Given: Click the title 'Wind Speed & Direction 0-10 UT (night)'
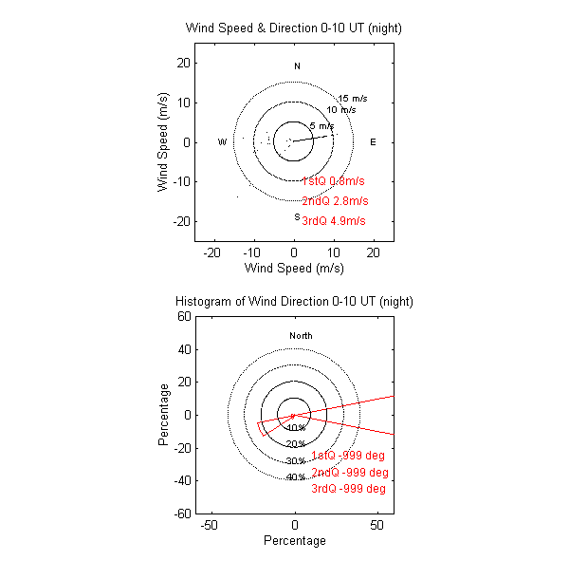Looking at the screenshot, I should [x=294, y=28].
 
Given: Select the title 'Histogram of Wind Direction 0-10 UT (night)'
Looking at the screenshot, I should [x=294, y=301].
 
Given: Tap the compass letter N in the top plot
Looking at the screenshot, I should [x=297, y=66].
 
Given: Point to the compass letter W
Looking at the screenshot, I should [x=222, y=142].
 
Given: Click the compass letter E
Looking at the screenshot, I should [x=373, y=142].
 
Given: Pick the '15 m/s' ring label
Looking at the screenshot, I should [x=352, y=99].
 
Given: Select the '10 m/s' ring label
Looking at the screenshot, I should [x=341, y=110].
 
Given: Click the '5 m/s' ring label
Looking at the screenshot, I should [x=321, y=126].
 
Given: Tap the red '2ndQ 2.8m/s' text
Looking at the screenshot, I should [x=335, y=201].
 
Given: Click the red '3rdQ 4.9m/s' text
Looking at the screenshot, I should [x=334, y=221].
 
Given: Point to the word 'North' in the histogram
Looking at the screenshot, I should [x=301, y=336].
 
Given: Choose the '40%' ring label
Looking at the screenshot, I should [x=295, y=476].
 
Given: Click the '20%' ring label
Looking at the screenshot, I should [x=296, y=444].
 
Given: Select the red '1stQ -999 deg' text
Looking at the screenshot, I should [x=349, y=456].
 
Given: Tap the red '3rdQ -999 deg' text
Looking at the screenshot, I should [x=348, y=489].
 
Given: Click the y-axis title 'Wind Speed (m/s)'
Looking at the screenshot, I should [x=163, y=142].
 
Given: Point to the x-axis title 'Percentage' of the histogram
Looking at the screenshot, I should [x=294, y=541].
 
